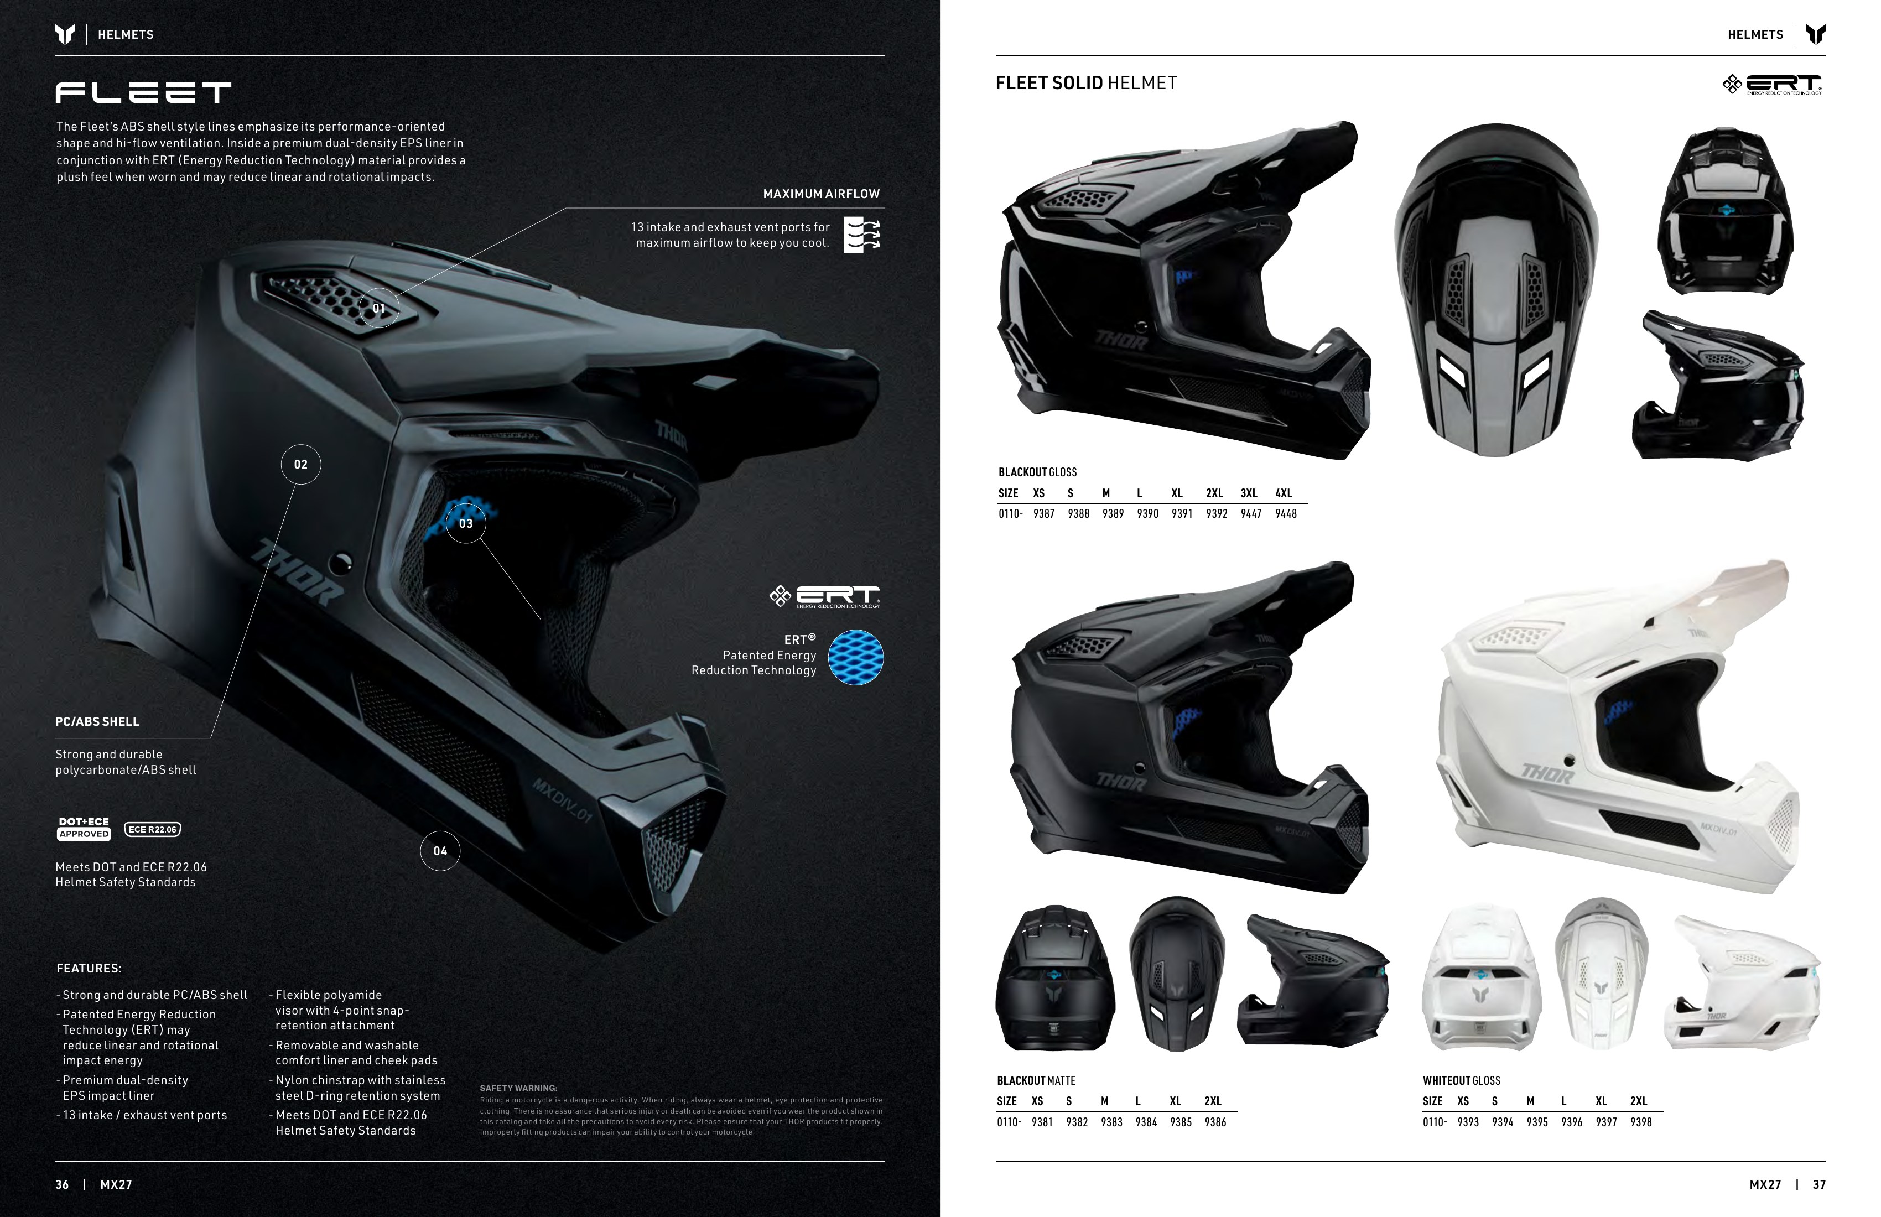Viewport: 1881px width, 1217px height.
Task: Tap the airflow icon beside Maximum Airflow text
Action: [862, 235]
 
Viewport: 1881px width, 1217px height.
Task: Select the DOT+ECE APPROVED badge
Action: [84, 828]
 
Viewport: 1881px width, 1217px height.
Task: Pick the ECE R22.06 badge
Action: [153, 829]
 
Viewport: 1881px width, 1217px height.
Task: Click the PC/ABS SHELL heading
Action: [97, 721]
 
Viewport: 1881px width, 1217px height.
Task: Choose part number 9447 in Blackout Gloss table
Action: [1251, 514]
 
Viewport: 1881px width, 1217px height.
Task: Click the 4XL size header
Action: [1284, 493]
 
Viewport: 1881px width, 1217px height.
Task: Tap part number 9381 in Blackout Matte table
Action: [1042, 1122]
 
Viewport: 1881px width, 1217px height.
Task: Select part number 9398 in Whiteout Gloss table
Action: [1641, 1122]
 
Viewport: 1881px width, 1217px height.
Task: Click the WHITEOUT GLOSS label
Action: [1461, 1080]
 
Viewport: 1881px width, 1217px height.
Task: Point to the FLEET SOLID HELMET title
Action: [1086, 83]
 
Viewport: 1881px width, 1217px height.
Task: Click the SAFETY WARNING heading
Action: [518, 1088]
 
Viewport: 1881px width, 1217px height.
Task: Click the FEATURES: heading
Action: [89, 968]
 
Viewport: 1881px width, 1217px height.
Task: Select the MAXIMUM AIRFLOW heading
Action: [821, 194]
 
